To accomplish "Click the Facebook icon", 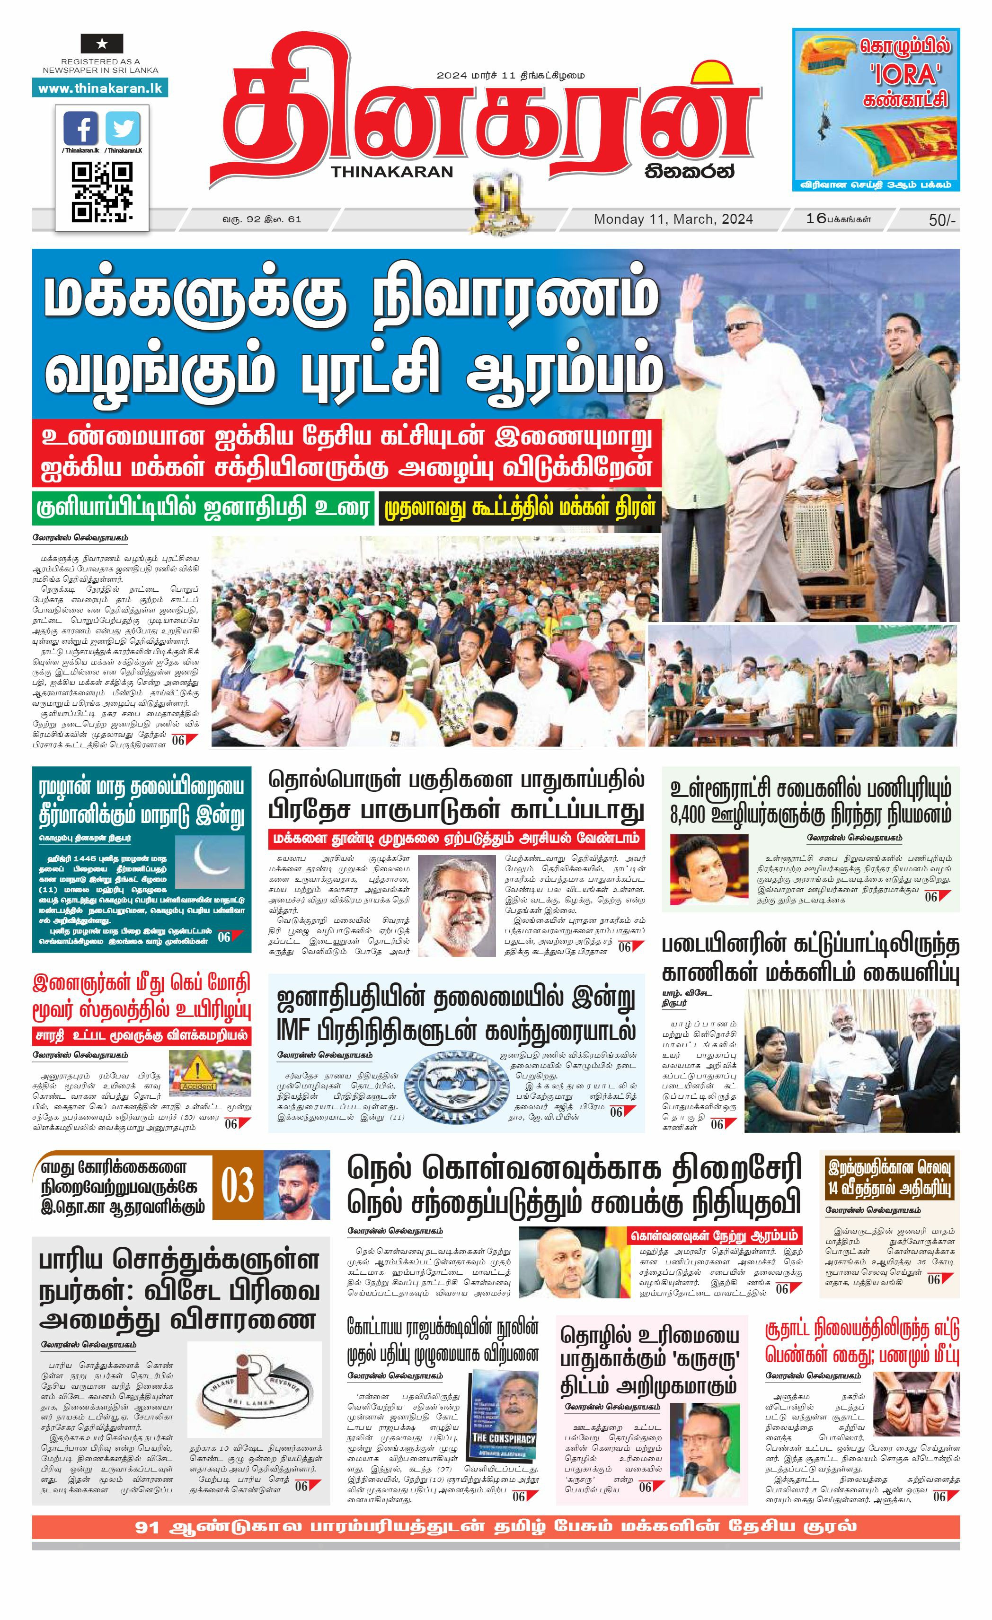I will [x=81, y=129].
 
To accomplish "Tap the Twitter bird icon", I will [x=123, y=129].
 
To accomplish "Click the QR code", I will [x=101, y=192].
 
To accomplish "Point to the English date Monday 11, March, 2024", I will [x=673, y=219].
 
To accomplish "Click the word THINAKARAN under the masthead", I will [x=393, y=172].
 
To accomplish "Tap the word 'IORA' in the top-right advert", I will [x=905, y=74].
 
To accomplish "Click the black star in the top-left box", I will [x=101, y=44].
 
